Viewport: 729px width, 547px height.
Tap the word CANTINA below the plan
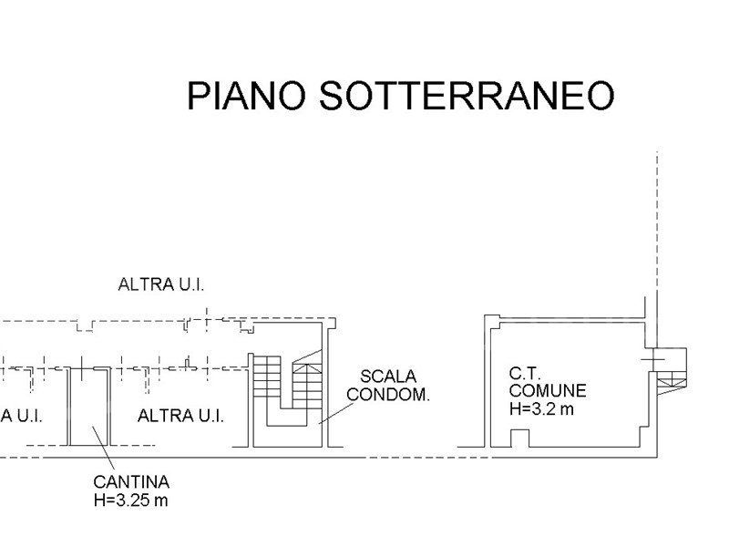[131, 482]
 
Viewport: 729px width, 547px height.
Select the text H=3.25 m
[131, 501]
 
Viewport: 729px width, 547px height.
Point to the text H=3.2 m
[542, 409]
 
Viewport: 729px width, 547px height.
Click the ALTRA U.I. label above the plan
[161, 284]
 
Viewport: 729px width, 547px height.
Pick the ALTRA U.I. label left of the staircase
[180, 417]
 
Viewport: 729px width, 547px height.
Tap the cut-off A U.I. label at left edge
[22, 417]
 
